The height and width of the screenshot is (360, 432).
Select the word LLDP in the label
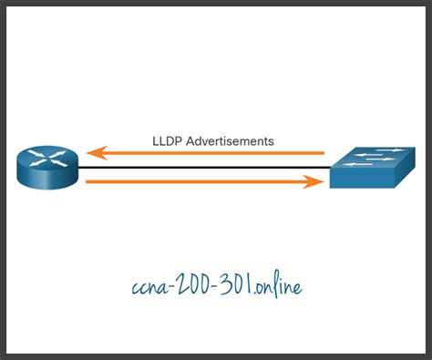pyautogui.click(x=168, y=141)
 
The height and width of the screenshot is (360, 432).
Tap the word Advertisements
pyautogui.click(x=231, y=141)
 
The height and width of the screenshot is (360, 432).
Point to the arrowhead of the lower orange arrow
pyautogui.click(x=318, y=182)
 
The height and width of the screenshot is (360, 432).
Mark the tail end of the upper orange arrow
pyautogui.click(x=323, y=154)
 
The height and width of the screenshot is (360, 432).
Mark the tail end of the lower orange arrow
pyautogui.click(x=87, y=182)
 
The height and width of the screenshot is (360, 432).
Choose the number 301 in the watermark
pyautogui.click(x=242, y=286)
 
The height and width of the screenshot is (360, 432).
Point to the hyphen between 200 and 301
pyautogui.click(x=221, y=287)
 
